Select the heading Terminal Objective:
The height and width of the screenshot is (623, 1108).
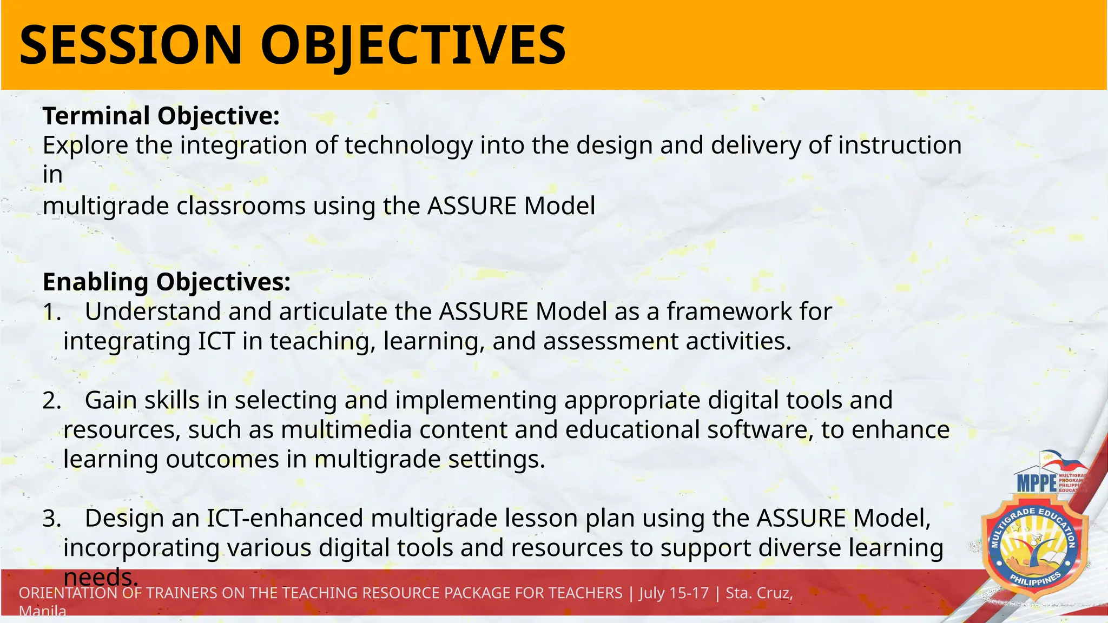point(161,116)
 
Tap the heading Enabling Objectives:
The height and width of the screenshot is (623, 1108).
point(167,282)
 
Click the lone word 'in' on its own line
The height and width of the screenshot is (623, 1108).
point(52,175)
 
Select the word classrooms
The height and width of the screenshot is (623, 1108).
point(241,206)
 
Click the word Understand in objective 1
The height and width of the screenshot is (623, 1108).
point(153,312)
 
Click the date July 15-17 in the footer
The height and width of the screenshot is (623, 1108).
point(674,593)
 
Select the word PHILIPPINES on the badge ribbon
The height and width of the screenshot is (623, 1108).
point(1035,581)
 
